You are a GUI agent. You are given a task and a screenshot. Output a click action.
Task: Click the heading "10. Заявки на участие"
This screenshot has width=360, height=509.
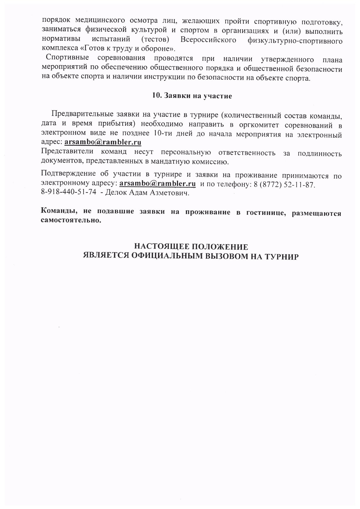point(192,96)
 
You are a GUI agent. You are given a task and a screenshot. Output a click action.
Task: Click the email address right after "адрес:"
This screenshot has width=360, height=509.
point(103,142)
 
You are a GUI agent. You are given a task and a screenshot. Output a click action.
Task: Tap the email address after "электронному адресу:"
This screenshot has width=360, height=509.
point(157,183)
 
